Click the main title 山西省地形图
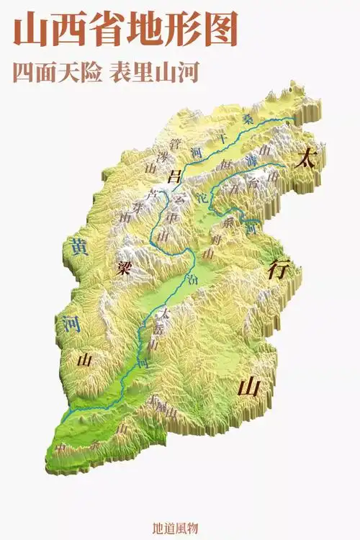125,32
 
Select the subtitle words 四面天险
55,73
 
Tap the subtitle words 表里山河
154,73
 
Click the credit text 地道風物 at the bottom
179,528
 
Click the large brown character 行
277,269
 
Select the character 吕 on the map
172,175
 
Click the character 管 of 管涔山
175,143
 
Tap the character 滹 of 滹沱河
251,159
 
